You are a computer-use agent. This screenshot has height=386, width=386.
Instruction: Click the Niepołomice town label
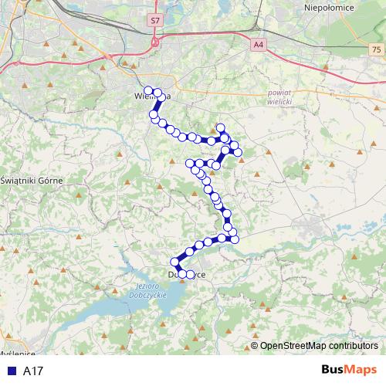tap(329, 7)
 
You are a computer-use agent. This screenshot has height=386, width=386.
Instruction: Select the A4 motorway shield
tap(257, 46)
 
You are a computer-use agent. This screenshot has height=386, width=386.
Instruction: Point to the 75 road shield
tap(375, 49)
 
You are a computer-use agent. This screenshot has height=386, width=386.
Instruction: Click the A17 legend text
tap(33, 371)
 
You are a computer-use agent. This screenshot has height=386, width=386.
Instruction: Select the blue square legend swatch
tap(10, 371)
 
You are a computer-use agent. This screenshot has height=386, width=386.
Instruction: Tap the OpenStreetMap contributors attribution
tap(319, 346)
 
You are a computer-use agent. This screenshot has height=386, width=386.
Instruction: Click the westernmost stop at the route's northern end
tap(148, 90)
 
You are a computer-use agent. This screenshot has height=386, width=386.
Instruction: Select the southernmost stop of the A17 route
tap(181, 275)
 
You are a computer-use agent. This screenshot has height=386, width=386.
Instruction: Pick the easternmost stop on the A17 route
tap(239, 152)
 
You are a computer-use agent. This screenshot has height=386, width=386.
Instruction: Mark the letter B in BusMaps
tap(327, 371)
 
